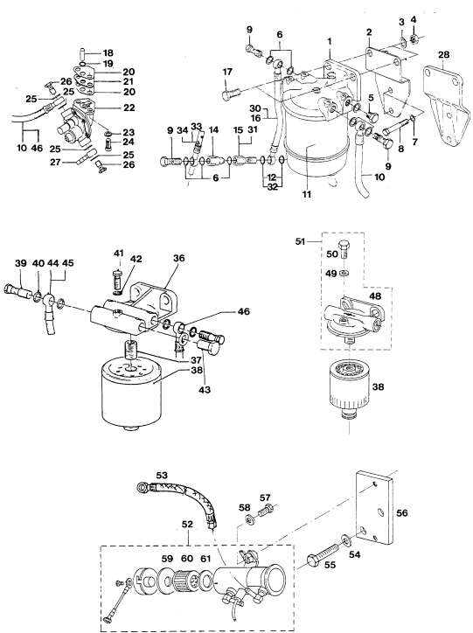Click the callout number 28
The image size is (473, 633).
[443, 54]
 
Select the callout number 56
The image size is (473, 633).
[402, 512]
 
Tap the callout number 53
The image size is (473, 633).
[162, 475]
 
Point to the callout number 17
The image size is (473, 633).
[227, 72]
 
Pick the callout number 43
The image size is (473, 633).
[205, 390]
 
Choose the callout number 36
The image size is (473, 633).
[178, 258]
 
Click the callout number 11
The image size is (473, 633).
[307, 195]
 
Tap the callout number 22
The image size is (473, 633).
[129, 108]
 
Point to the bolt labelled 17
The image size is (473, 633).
[231, 95]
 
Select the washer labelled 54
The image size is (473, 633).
[346, 538]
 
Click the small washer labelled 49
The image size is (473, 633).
[344, 273]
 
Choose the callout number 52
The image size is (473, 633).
[188, 524]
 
